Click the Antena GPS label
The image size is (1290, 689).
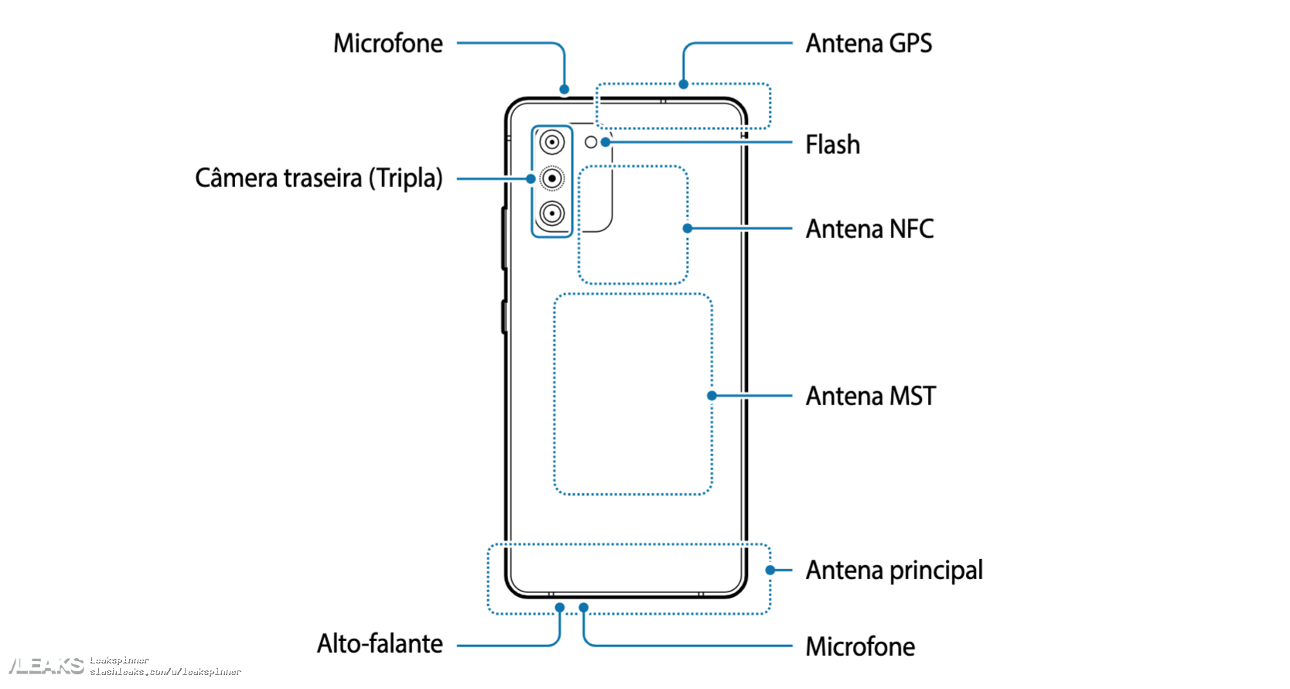pos(869,43)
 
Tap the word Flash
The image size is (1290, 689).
pos(832,145)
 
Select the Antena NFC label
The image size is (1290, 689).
pos(869,229)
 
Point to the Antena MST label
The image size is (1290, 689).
pos(870,396)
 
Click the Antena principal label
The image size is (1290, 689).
pos(894,571)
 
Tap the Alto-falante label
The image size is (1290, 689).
pos(380,643)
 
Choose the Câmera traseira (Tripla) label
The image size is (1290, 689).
pos(319,178)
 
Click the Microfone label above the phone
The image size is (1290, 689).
pos(388,43)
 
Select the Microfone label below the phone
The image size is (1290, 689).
pos(860,646)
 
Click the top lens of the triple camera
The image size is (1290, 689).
pos(552,142)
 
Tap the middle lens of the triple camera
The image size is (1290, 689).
pos(552,179)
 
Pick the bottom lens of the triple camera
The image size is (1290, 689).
pos(552,213)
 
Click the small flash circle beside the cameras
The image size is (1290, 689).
pos(591,142)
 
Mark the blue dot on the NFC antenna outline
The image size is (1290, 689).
pos(687,228)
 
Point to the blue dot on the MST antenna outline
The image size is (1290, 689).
pos(712,396)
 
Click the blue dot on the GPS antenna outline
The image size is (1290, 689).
pos(683,84)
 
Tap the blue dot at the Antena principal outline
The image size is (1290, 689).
pos(770,571)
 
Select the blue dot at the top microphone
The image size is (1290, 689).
pos(565,90)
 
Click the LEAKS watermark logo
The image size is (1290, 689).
pos(46,666)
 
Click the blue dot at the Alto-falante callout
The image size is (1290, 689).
pos(560,608)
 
